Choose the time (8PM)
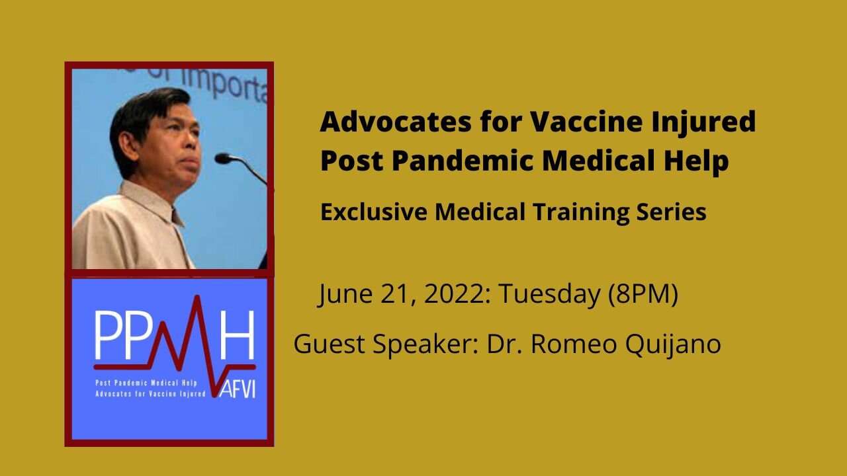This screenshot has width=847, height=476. [643, 295]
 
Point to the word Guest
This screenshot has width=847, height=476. [324, 344]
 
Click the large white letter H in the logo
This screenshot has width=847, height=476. [236, 334]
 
